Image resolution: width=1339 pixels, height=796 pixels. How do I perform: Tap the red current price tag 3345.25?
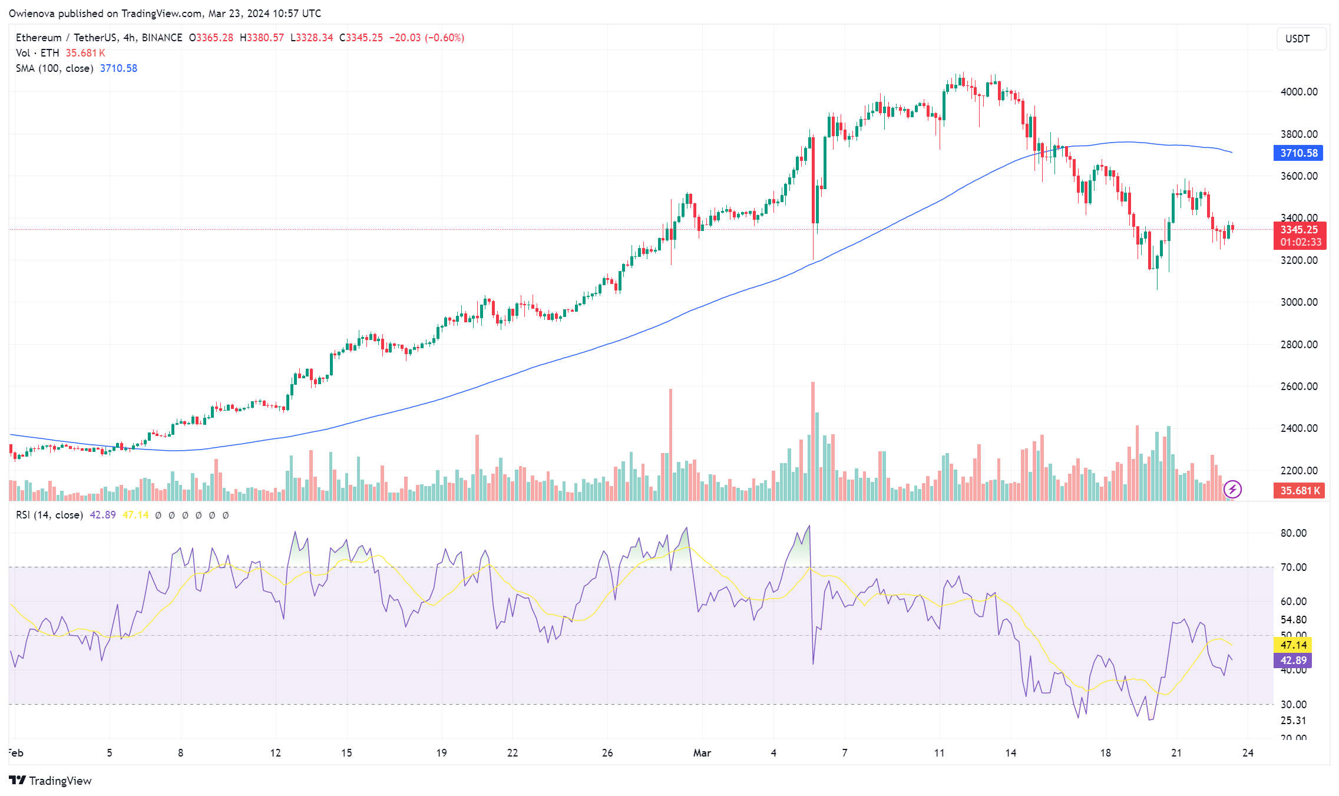pos(1299,230)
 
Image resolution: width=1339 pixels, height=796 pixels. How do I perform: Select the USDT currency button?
pos(1297,39)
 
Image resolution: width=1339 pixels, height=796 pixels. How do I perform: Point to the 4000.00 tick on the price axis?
pos(1298,92)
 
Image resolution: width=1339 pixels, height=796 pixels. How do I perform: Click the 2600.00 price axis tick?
pos(1298,387)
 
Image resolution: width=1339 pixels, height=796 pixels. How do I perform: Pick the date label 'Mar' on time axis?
pos(702,753)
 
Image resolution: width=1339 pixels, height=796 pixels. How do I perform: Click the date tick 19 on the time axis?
pos(441,753)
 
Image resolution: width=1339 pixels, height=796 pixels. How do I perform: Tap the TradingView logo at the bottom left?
pos(51,781)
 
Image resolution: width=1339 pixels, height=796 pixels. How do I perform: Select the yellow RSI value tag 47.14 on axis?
pos(1293,645)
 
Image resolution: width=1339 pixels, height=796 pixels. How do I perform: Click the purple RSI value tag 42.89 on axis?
pos(1293,660)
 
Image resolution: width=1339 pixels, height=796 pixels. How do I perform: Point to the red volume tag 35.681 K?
pos(1299,491)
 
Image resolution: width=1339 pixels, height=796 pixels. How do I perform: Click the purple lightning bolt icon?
pos(1232,490)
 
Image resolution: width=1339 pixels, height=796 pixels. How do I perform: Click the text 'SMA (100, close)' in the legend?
pos(54,68)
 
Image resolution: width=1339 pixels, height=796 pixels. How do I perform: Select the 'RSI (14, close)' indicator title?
pos(49,515)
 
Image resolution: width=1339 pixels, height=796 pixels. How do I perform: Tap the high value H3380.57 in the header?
pos(262,38)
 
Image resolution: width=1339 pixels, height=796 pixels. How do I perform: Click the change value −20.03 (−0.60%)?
pos(427,38)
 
